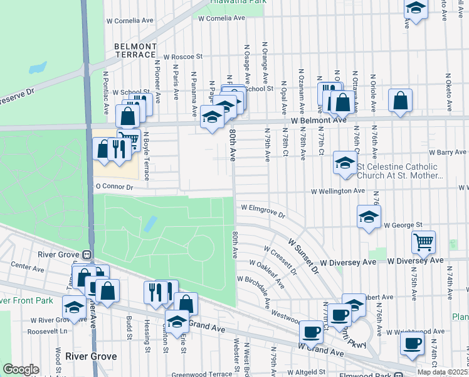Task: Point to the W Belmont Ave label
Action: tap(318, 120)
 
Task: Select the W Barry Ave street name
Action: tap(447, 152)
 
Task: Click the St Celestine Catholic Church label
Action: tap(400, 171)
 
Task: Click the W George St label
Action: tap(403, 224)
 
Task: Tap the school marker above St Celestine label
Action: tap(344, 162)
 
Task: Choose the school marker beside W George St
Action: tap(369, 217)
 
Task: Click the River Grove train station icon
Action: tap(87, 254)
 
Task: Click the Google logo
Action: tap(21, 369)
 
